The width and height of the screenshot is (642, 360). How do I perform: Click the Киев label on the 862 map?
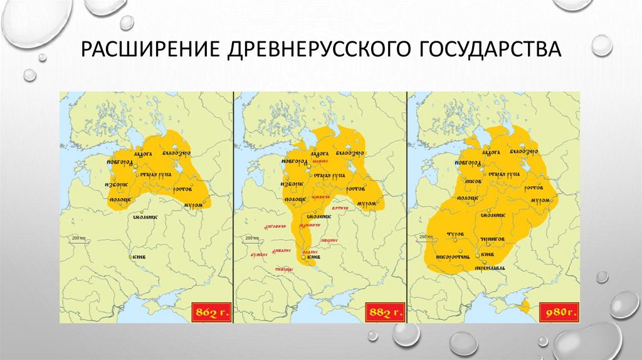tap(139, 257)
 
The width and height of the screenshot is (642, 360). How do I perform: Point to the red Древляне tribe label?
tap(282, 250)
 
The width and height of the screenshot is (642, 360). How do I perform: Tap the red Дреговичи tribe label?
tap(276, 228)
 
